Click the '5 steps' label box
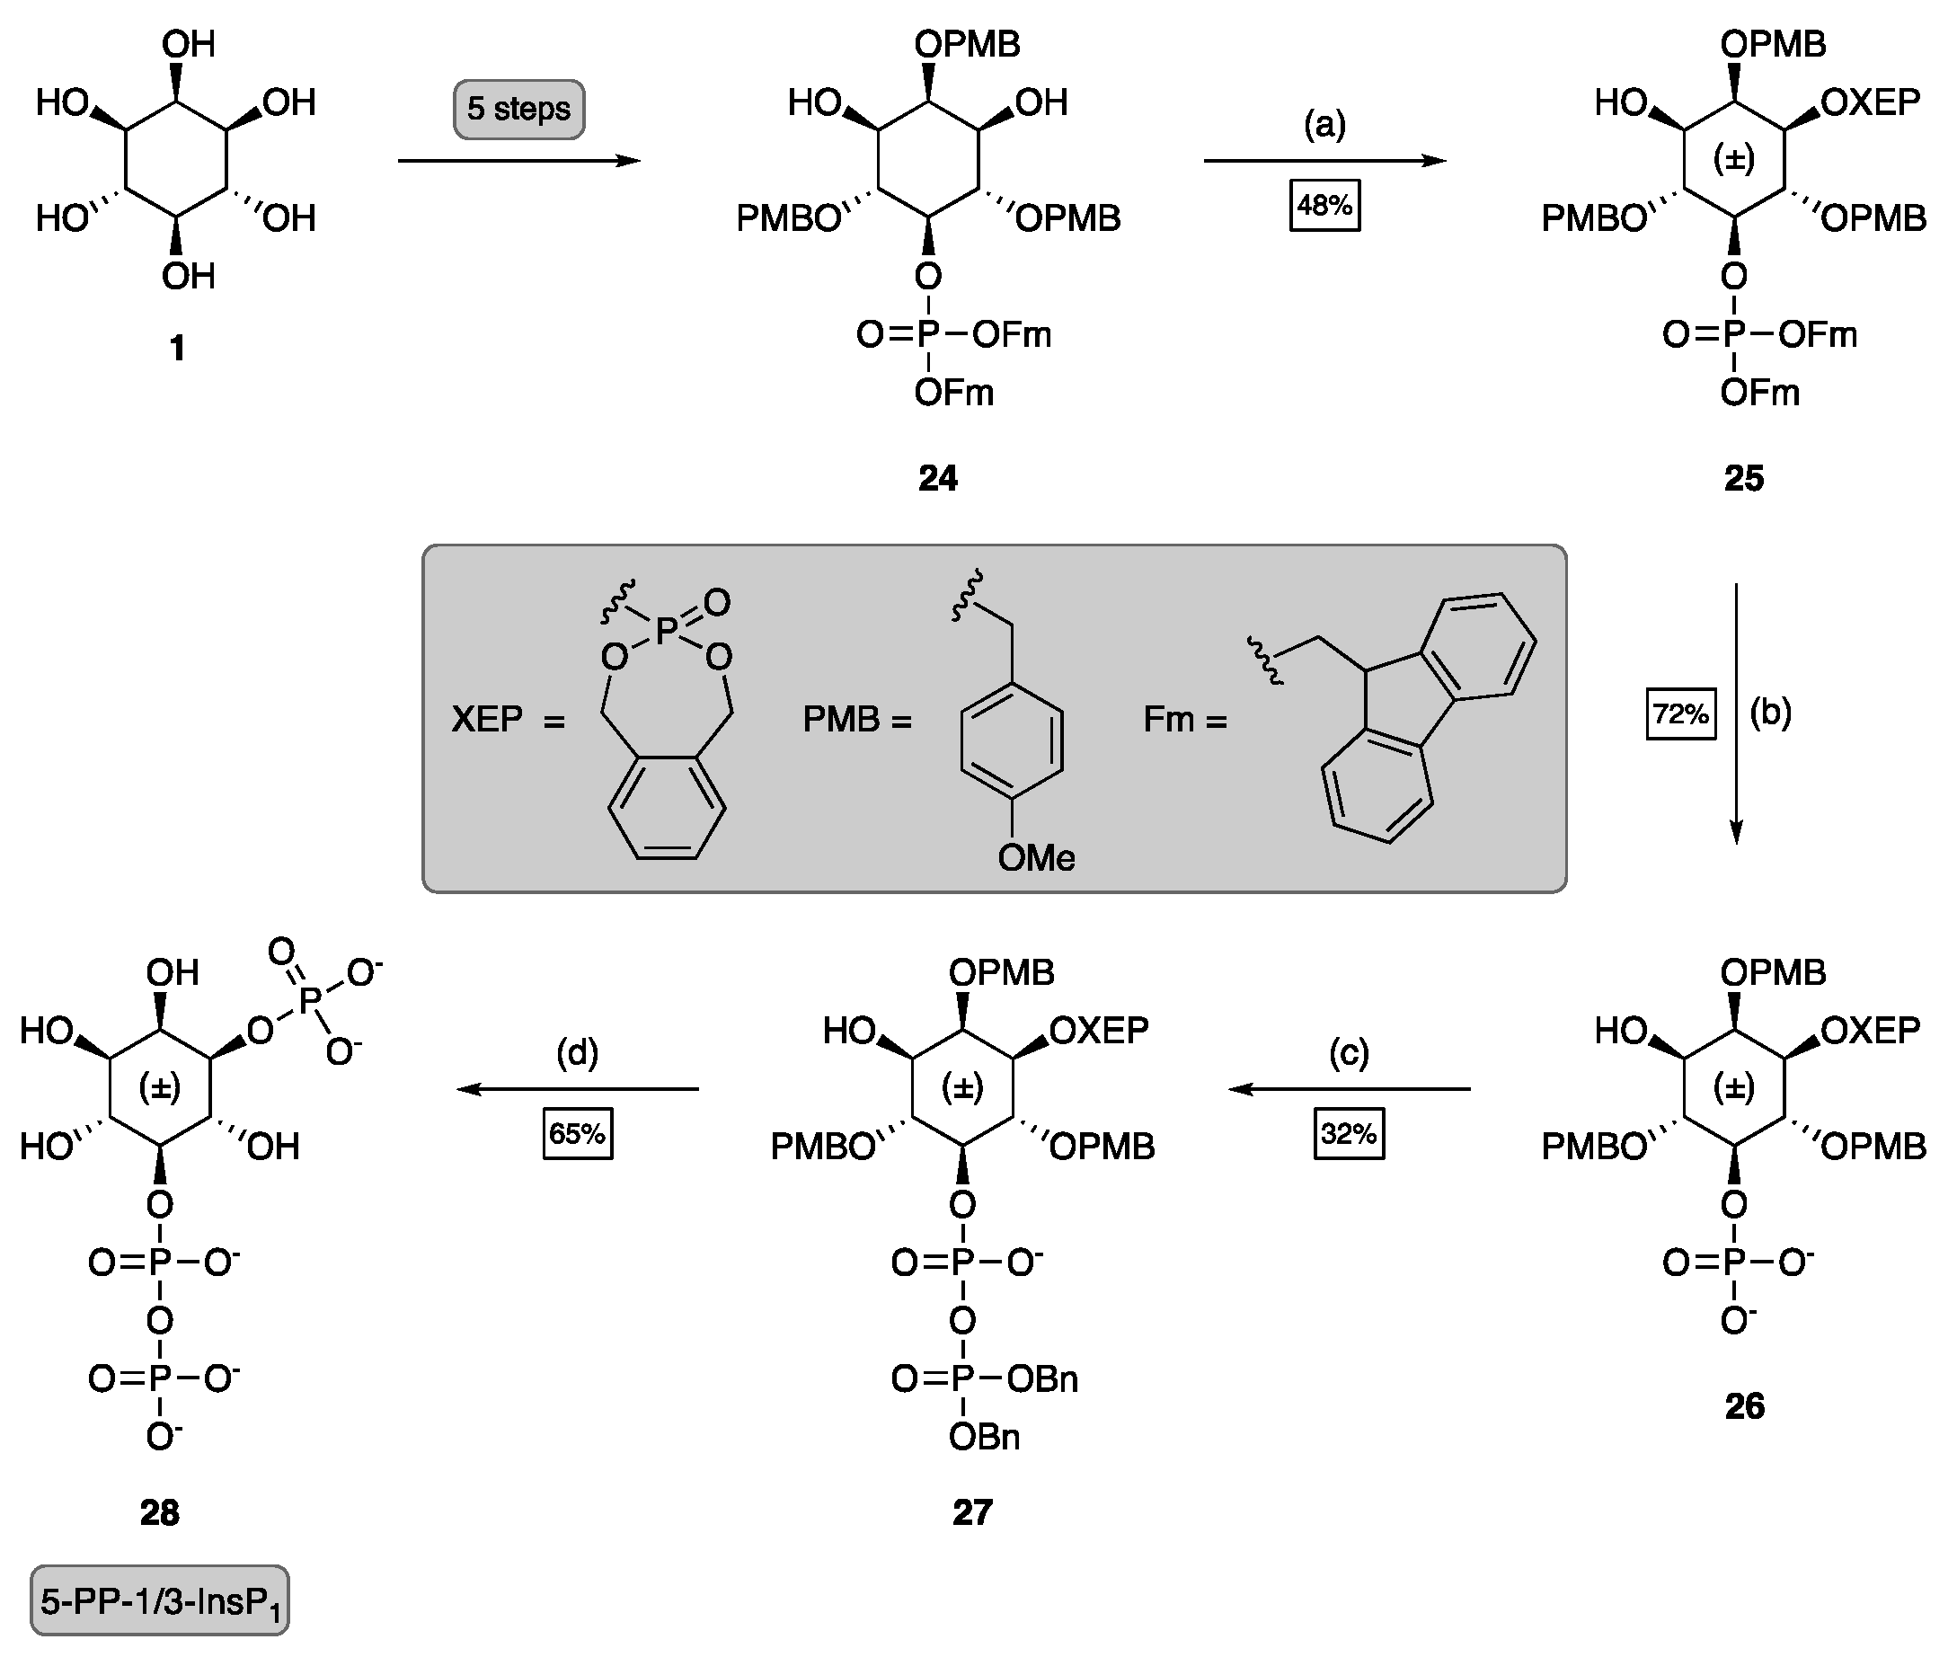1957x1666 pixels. coord(518,110)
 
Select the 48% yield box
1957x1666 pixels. coord(1324,205)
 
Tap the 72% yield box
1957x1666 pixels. coord(1680,713)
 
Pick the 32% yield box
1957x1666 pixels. coord(1349,1133)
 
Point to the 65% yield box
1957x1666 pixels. coord(577,1133)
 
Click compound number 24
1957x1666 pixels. coord(937,479)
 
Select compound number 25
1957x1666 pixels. coord(1742,479)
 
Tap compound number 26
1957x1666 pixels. coord(1743,1406)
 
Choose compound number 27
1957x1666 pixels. coord(972,1512)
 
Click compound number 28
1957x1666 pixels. coord(159,1512)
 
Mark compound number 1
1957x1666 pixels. coord(177,349)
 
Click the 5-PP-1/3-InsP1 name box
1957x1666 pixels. coord(160,1603)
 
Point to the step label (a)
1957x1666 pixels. coord(1324,124)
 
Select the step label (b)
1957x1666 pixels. coord(1770,713)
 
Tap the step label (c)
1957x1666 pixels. coord(1349,1052)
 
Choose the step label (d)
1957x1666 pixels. coord(577,1052)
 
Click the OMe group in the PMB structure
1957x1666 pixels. coord(1036,857)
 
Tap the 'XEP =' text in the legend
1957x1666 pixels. coord(507,720)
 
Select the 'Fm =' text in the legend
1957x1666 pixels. coord(1184,720)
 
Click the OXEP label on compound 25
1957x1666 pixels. coord(1869,102)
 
